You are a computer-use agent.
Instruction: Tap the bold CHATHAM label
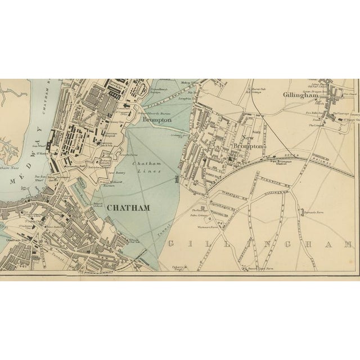[128, 207]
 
